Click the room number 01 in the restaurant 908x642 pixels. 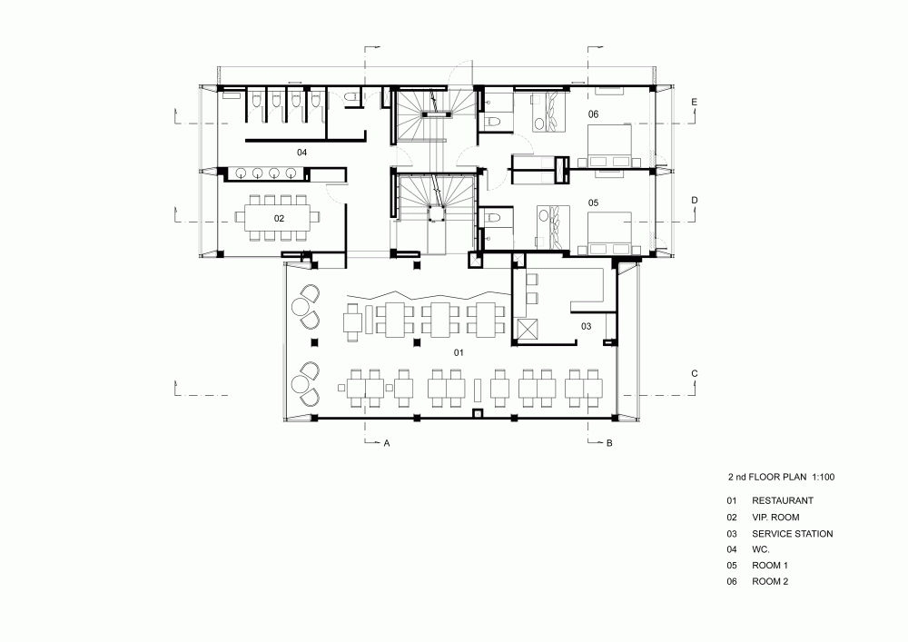459,352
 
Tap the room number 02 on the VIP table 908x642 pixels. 279,218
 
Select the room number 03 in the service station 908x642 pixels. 586,327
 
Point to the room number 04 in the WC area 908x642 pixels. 301,153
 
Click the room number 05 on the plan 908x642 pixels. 593,202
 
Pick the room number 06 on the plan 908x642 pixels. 593,114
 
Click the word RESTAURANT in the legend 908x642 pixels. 783,500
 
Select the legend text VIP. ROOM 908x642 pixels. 775,517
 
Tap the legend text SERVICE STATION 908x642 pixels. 792,534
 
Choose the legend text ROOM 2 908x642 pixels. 770,581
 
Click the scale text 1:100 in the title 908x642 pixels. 823,477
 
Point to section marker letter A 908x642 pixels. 387,443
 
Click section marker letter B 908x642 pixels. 609,443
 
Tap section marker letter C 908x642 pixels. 695,373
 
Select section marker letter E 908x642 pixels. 695,103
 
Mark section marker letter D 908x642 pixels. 695,201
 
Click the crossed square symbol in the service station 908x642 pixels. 528,331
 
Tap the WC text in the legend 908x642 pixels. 761,549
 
